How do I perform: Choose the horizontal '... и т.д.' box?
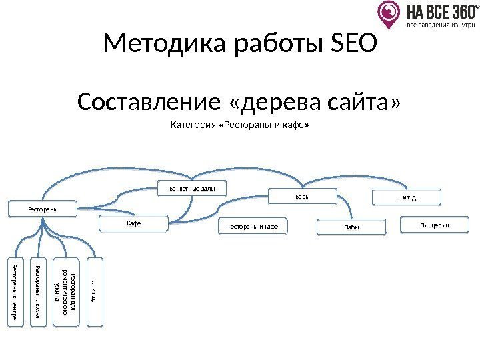[406, 197]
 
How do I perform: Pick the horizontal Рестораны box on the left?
[43, 209]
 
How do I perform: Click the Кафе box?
[134, 222]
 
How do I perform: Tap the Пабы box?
[351, 227]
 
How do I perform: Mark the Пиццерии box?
[434, 226]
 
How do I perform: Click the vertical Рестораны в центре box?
[15, 292]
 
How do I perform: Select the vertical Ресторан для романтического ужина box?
[69, 292]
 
